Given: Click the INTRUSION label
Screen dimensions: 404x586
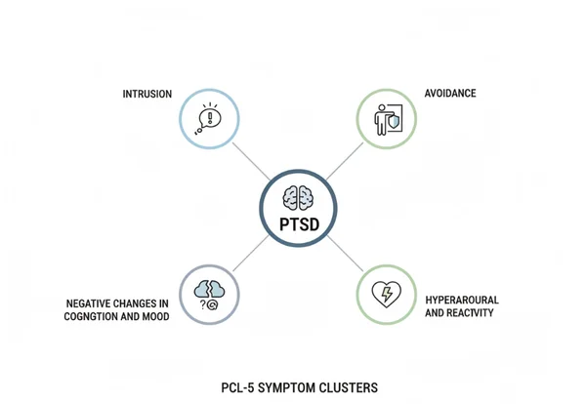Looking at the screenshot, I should point(147,94).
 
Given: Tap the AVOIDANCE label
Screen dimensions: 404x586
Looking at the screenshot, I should point(450,94).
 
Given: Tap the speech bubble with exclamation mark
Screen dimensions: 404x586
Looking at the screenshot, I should point(209,118).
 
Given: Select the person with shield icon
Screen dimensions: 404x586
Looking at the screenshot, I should point(385,120).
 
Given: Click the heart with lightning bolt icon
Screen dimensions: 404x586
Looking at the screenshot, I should point(385,295).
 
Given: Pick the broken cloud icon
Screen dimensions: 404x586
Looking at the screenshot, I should point(209,289).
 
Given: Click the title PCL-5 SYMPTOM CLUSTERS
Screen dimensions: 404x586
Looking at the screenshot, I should point(299,387).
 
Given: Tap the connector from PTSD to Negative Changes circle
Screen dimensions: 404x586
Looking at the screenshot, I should point(248,255).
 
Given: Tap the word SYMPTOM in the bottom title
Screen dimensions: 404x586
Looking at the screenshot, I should point(289,387).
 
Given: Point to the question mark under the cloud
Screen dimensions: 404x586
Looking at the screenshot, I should point(202,304).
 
